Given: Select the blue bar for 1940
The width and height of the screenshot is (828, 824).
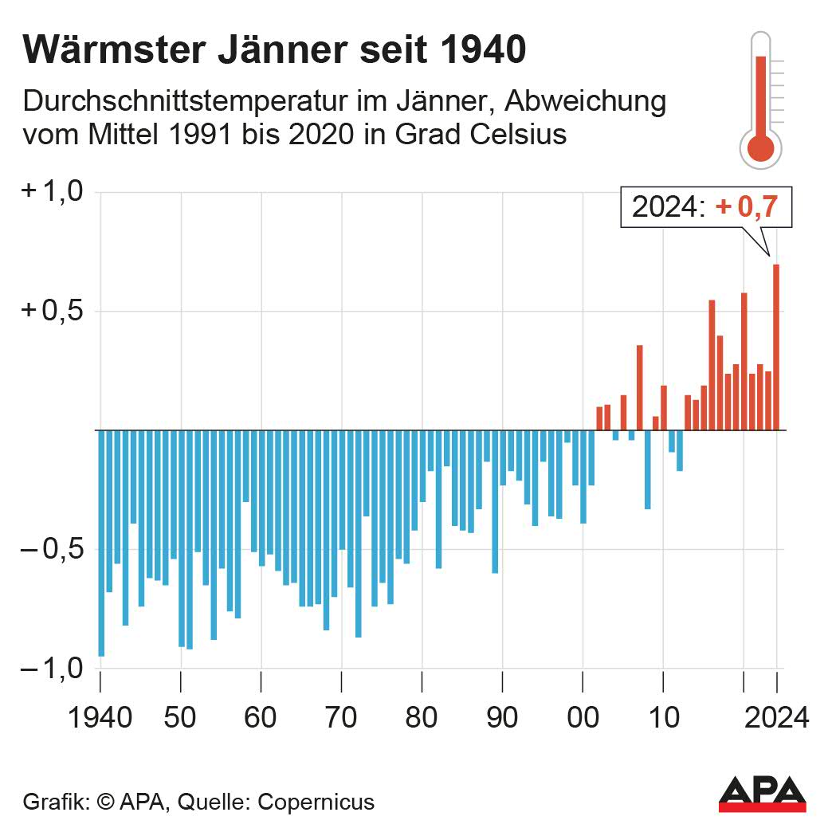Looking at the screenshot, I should (x=101, y=543).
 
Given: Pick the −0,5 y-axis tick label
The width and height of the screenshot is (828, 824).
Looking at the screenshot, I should (x=53, y=550).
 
